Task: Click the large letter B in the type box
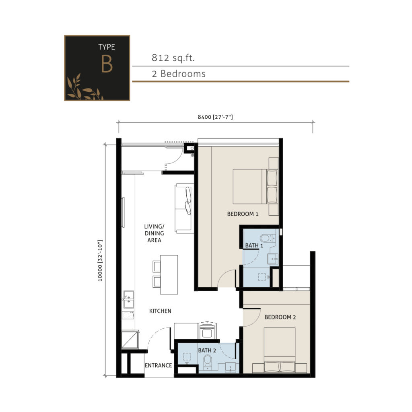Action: (x=107, y=65)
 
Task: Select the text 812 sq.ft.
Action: (x=173, y=58)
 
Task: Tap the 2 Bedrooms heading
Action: (x=179, y=74)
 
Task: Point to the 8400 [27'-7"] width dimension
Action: (x=215, y=117)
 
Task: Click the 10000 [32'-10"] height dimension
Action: (x=100, y=261)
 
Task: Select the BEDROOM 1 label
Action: (x=243, y=214)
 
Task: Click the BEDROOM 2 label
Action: (x=280, y=317)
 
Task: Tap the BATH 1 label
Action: (x=254, y=245)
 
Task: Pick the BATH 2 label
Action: (x=207, y=350)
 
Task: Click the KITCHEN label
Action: (x=160, y=311)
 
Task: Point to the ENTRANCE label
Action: (x=158, y=366)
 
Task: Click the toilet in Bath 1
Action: (x=266, y=238)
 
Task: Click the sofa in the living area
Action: (x=183, y=208)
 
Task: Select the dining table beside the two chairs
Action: (x=169, y=274)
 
